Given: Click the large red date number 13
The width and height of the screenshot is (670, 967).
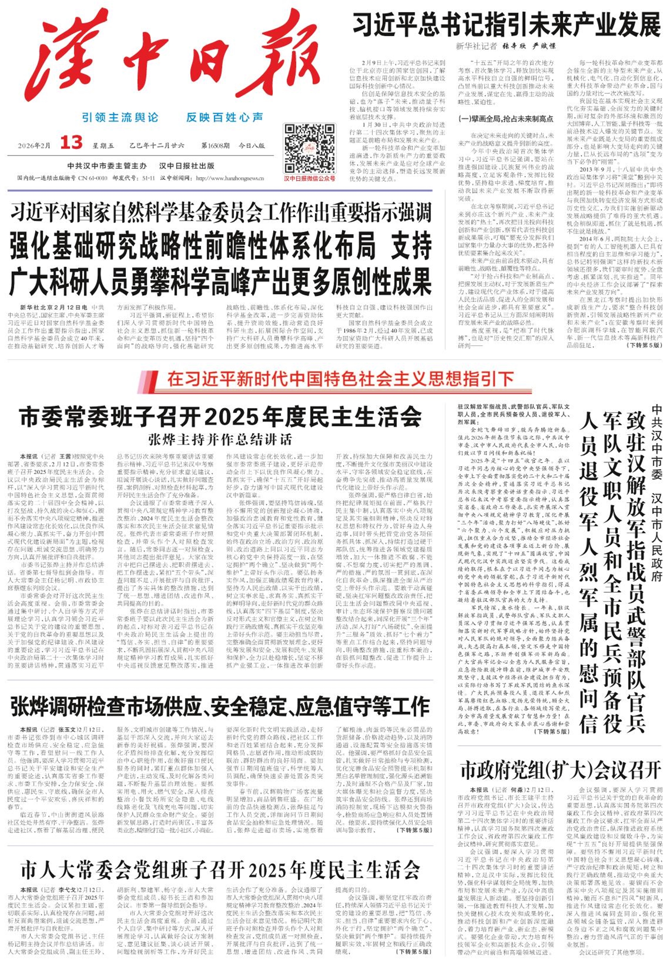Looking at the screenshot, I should [x=71, y=143].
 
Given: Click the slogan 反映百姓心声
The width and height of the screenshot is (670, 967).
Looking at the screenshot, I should [x=225, y=117].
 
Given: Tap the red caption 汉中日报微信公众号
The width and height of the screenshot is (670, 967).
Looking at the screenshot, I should [x=310, y=179].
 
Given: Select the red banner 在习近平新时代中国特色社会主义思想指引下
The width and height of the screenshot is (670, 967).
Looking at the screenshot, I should [x=340, y=379].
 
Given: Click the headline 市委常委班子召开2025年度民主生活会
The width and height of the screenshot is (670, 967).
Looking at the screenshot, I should [x=220, y=416].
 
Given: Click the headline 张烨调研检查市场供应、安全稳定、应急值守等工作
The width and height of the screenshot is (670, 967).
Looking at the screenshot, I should [x=220, y=707].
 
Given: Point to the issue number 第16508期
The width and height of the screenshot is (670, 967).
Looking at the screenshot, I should [x=216, y=146].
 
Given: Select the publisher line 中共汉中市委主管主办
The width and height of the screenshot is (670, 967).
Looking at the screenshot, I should [x=107, y=166].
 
